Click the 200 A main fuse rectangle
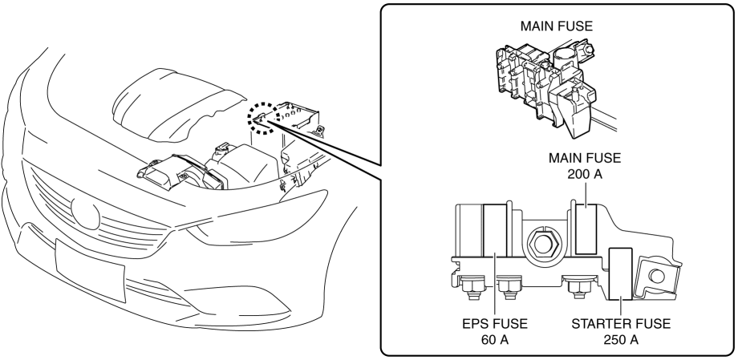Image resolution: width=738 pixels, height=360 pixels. [x=586, y=229]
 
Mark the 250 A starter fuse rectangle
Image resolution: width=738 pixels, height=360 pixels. [x=622, y=273]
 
